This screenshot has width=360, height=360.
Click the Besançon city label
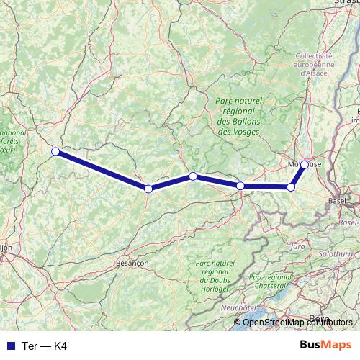[132, 264]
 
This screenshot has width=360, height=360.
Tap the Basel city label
[337, 201]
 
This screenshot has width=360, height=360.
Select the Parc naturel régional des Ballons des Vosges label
[244, 117]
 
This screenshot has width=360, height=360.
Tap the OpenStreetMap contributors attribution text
[297, 323]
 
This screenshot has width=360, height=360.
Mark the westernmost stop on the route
[55, 151]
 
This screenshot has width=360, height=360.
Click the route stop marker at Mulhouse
[305, 165]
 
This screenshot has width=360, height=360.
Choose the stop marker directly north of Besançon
[148, 189]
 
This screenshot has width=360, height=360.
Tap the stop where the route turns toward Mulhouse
[291, 187]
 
